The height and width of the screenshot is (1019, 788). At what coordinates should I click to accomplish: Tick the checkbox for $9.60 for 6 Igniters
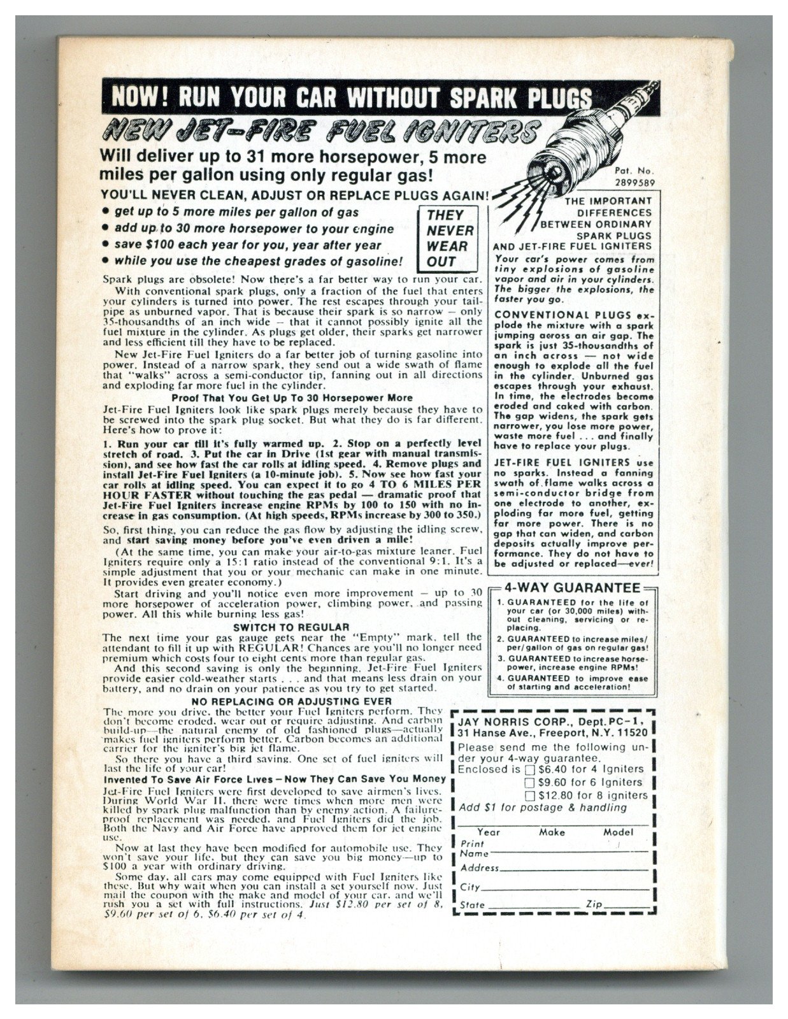tap(529, 782)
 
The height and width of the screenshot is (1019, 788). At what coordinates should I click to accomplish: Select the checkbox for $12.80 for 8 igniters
tap(529, 795)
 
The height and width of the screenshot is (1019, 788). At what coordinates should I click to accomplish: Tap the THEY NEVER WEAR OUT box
tap(450, 238)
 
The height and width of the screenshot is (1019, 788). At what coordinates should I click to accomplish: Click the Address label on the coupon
tap(479, 868)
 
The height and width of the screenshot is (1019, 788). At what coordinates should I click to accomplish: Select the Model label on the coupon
tap(618, 832)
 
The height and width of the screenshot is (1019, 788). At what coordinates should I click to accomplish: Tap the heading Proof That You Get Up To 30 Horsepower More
tap(292, 397)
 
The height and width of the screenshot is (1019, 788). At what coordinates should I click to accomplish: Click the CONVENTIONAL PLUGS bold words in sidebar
tap(562, 315)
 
